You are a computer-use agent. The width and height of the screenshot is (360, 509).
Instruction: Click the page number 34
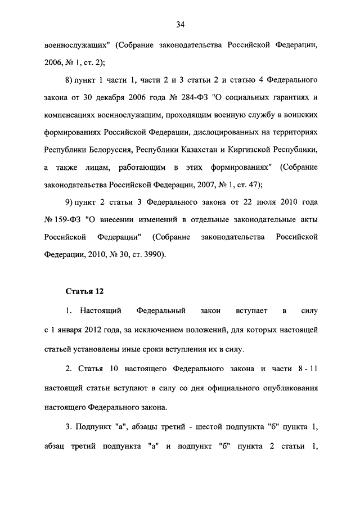[180, 24]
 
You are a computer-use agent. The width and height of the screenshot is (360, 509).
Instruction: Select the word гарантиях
[290, 97]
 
